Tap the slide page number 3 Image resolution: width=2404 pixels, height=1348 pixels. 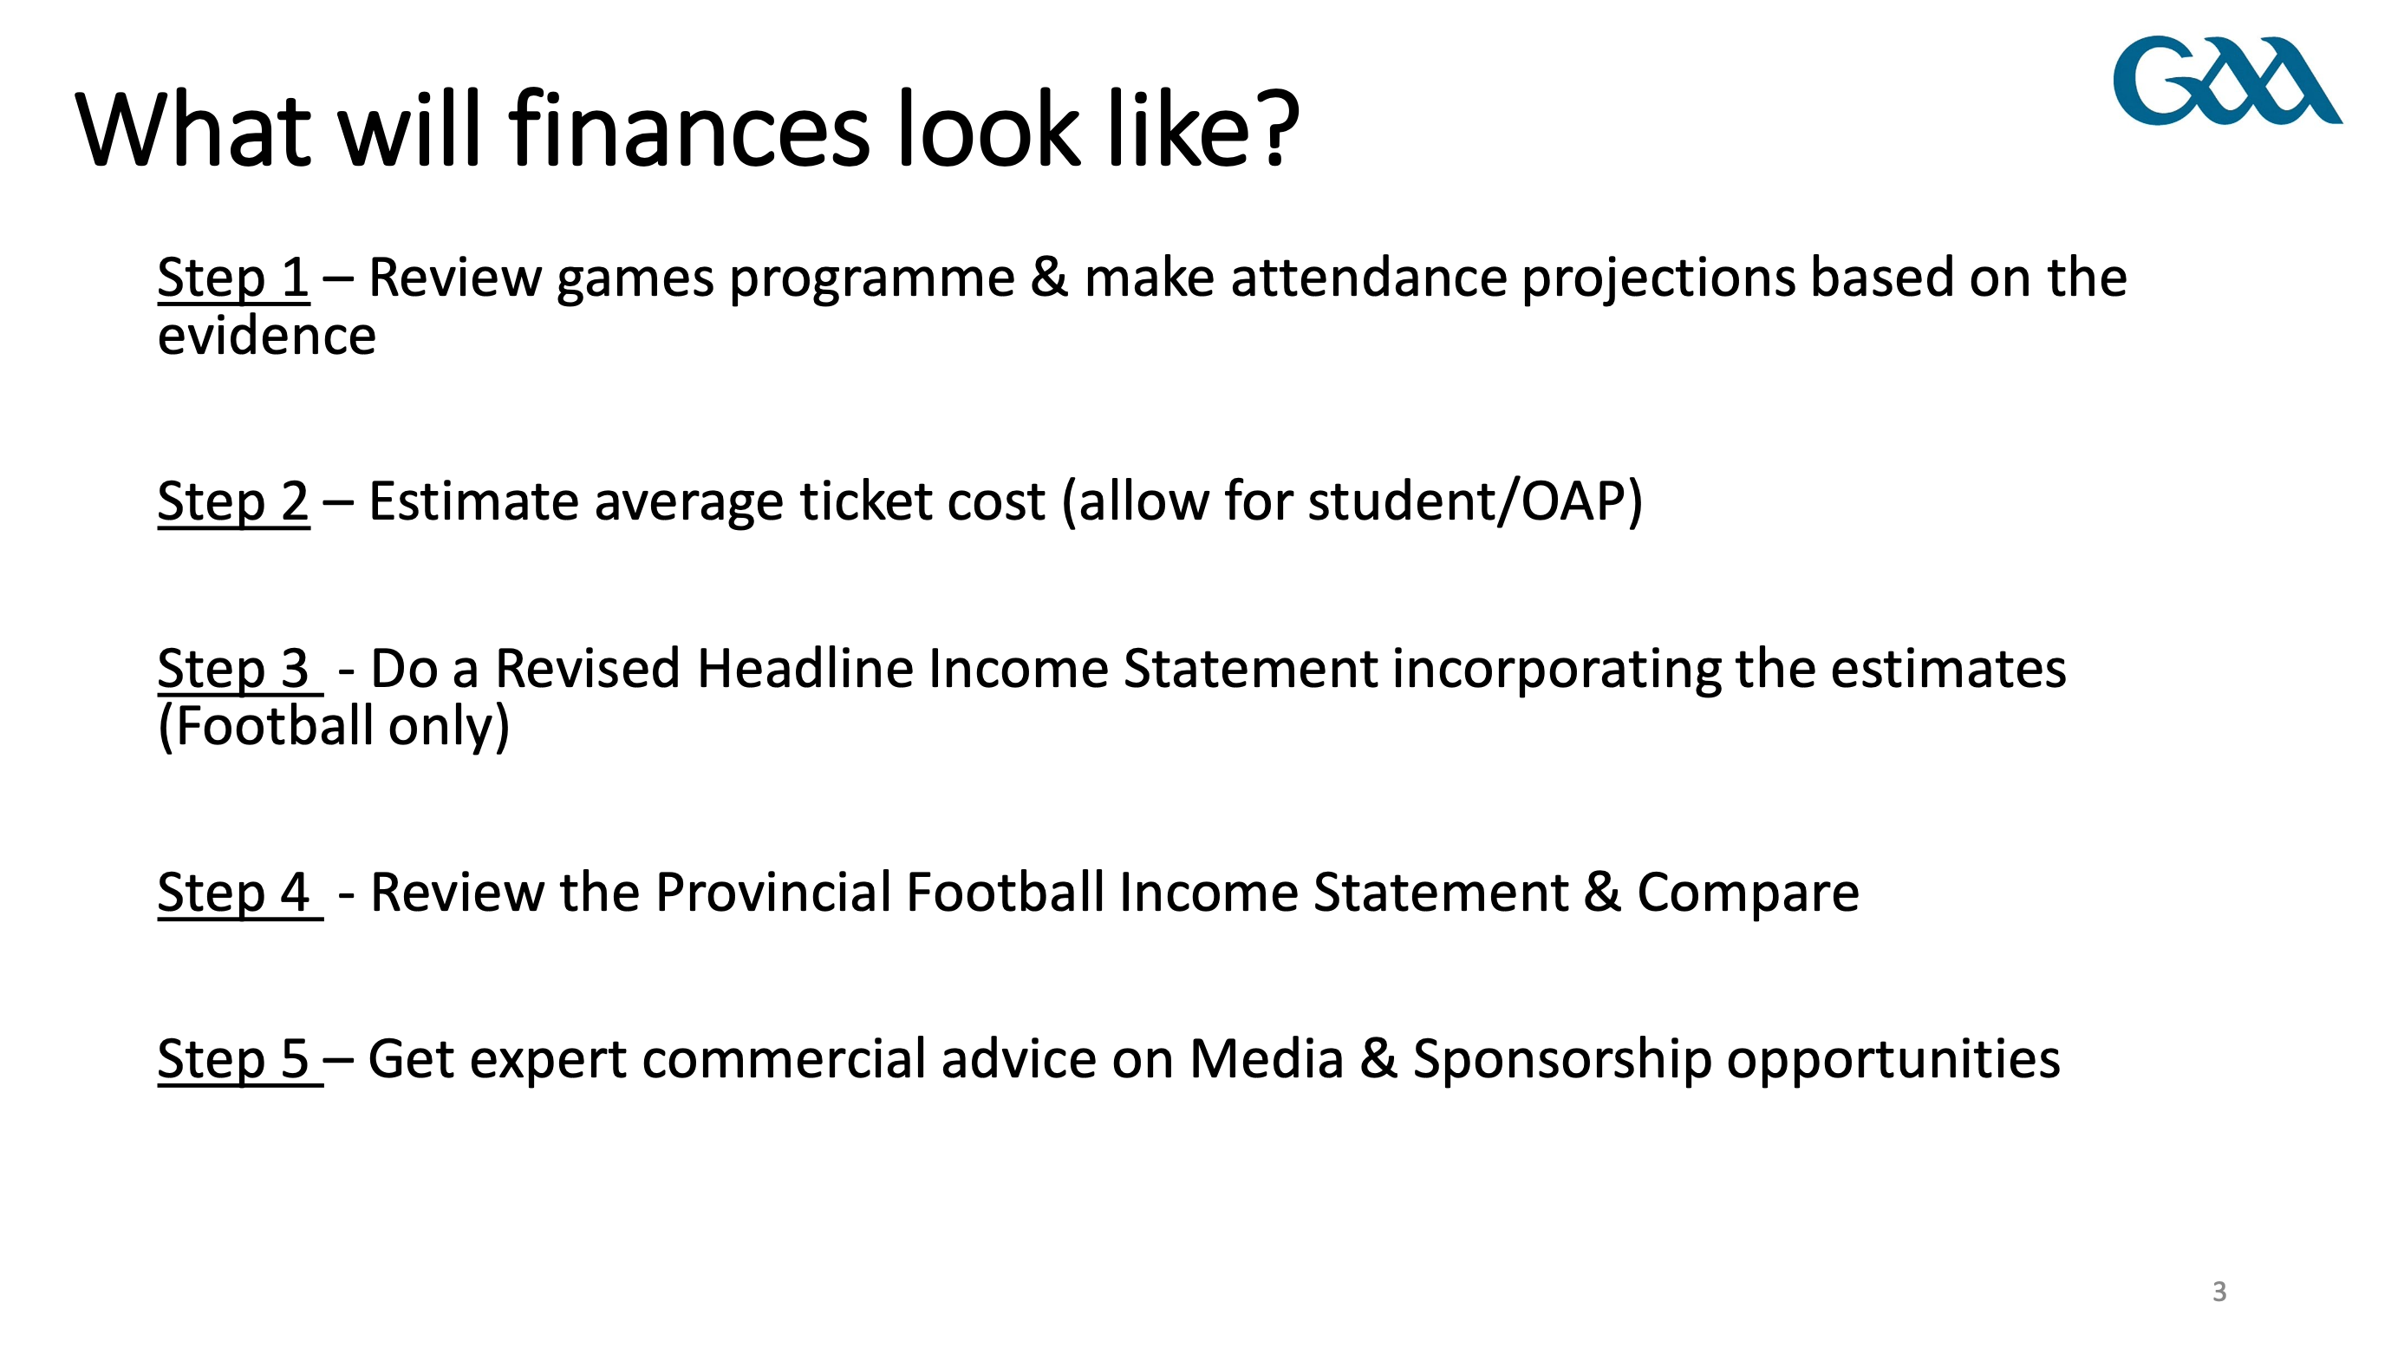pyautogui.click(x=2219, y=1292)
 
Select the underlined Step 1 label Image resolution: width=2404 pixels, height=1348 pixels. pyautogui.click(x=233, y=278)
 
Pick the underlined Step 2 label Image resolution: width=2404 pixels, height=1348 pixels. pyautogui.click(x=233, y=502)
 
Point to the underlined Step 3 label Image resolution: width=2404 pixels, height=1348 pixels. pyautogui.click(x=240, y=670)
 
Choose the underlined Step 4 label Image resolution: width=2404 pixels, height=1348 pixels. pyautogui.click(x=240, y=893)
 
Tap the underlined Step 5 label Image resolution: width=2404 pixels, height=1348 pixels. pyautogui.click(x=240, y=1059)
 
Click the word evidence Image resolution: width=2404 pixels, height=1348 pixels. pyautogui.click(x=267, y=336)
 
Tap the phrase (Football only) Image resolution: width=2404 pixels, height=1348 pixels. pyautogui.click(x=334, y=727)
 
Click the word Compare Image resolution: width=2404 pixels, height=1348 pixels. pyautogui.click(x=1748, y=894)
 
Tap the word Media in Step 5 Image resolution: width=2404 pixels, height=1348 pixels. pyautogui.click(x=1267, y=1059)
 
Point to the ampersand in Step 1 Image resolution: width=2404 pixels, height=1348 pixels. pyautogui.click(x=1050, y=278)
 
